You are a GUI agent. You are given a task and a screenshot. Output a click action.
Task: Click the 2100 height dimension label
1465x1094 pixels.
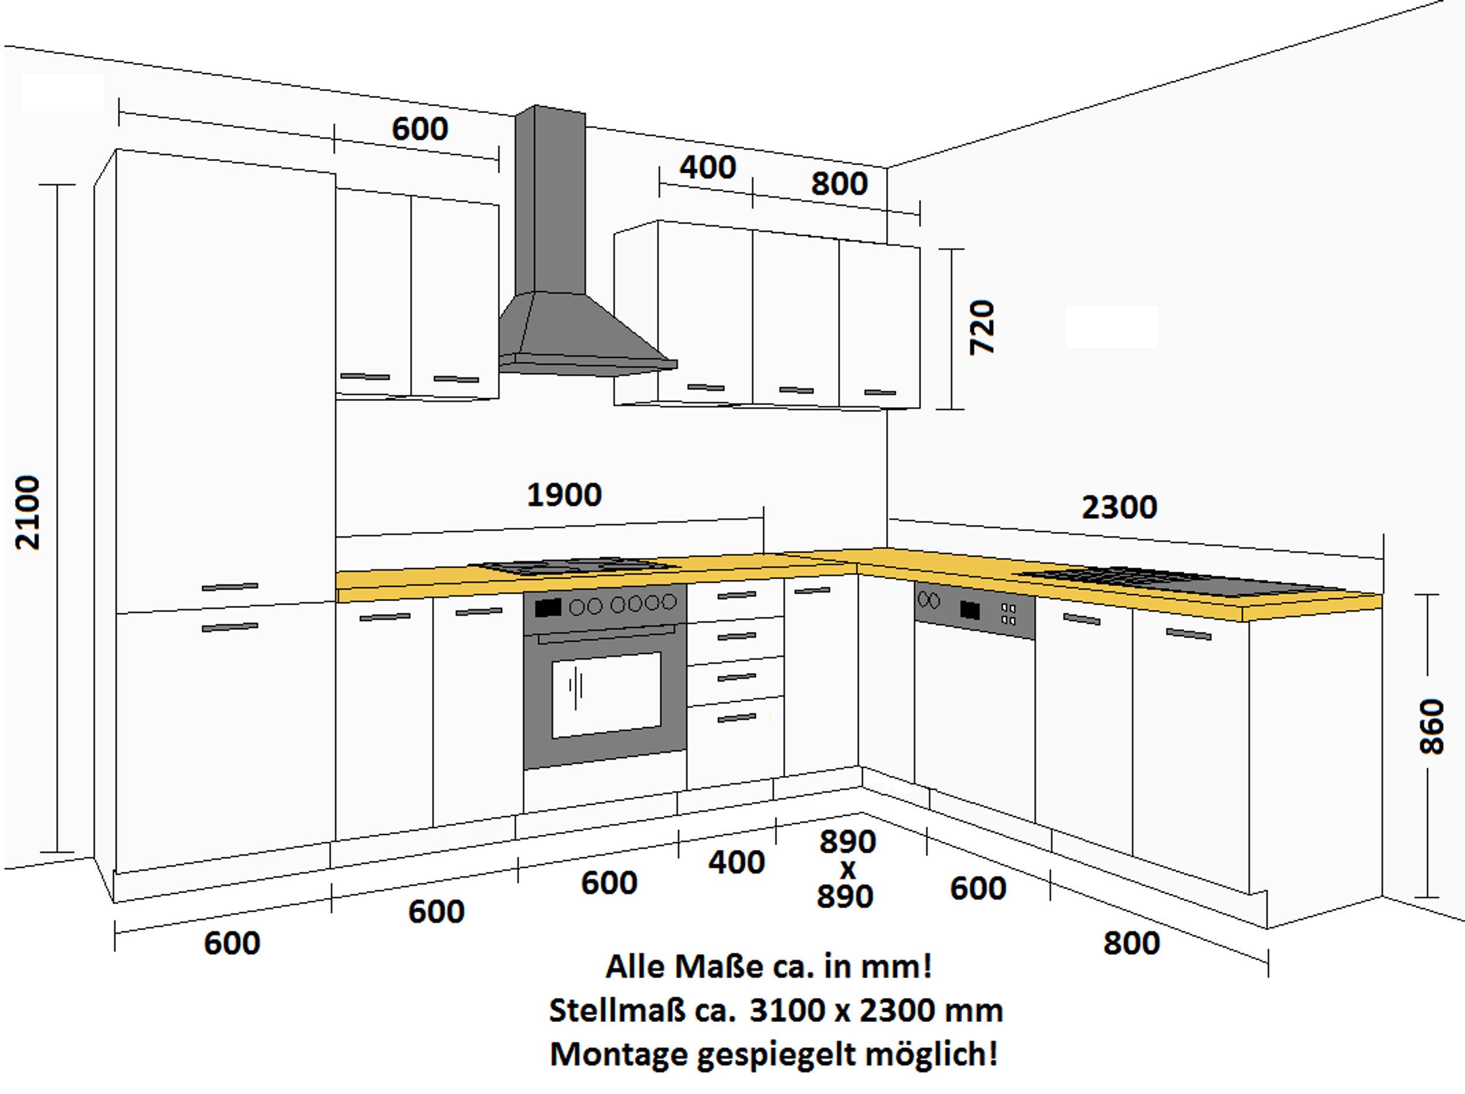(x=28, y=512)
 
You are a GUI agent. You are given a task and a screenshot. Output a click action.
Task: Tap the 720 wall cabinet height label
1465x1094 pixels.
(x=982, y=327)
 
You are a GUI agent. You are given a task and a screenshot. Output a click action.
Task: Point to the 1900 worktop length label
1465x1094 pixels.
(x=564, y=494)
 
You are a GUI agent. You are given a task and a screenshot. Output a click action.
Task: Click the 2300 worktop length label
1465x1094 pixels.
(x=1119, y=508)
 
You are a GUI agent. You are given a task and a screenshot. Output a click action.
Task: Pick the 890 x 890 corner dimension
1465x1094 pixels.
(x=846, y=869)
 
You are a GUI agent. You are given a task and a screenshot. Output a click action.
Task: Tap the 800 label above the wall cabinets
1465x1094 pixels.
(x=839, y=183)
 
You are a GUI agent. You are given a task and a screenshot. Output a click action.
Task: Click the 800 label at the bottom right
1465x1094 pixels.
(x=1131, y=943)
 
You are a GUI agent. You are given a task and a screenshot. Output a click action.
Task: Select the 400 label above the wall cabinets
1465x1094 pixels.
(x=707, y=167)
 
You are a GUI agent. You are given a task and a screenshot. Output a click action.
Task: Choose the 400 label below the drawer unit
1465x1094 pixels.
(x=737, y=862)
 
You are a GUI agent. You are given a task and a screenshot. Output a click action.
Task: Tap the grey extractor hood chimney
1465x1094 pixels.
(x=550, y=199)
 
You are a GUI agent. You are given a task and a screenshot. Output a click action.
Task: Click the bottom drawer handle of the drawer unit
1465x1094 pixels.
(x=737, y=718)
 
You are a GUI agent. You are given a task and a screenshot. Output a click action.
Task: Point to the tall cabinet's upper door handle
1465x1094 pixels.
(x=230, y=587)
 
